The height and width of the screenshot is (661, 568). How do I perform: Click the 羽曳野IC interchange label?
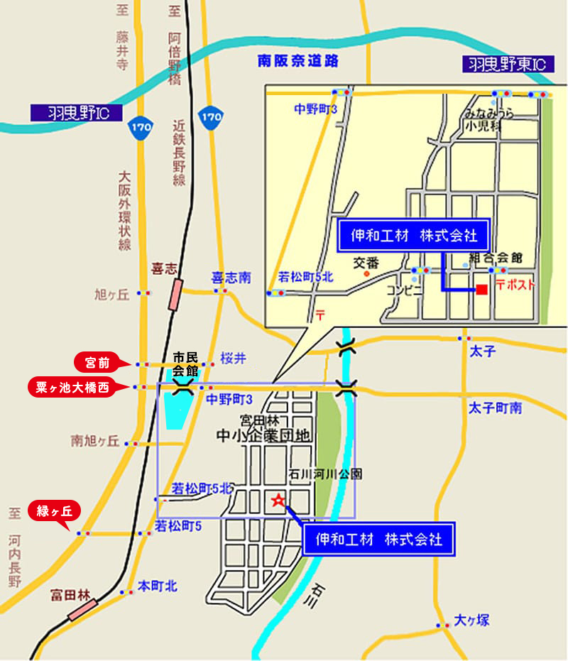[76, 112]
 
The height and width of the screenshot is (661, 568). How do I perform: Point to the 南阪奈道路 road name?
[298, 62]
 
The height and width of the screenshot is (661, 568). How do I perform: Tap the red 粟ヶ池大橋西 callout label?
[72, 388]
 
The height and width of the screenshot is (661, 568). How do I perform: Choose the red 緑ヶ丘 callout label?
[54, 510]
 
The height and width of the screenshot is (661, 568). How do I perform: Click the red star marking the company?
[278, 501]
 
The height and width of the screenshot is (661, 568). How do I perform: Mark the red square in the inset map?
[481, 290]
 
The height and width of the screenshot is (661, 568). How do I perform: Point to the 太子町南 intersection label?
[495, 408]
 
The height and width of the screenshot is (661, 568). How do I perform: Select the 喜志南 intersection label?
[231, 278]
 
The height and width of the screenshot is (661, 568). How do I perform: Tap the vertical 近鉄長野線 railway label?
[178, 153]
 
